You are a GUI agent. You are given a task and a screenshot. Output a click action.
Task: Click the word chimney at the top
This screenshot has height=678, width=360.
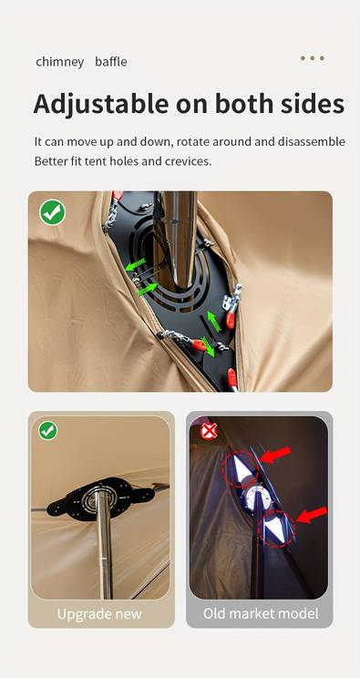click(x=60, y=62)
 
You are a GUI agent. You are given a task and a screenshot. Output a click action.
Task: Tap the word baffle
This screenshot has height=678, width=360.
click(x=111, y=61)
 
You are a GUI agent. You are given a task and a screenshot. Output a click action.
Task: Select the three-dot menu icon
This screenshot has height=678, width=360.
click(x=313, y=58)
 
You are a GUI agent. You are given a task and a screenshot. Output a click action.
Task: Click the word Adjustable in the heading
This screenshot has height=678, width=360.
click(x=101, y=104)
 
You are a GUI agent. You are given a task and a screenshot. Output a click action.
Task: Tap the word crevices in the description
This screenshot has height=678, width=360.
click(x=189, y=161)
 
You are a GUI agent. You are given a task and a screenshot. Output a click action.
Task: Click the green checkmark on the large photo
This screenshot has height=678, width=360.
click(x=52, y=212)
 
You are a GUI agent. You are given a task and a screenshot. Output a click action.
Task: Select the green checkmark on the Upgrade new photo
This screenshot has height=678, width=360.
click(x=47, y=431)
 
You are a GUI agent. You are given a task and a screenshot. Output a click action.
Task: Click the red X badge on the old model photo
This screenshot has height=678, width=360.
click(x=210, y=432)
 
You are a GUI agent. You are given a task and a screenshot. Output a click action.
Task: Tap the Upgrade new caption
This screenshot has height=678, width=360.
click(x=99, y=613)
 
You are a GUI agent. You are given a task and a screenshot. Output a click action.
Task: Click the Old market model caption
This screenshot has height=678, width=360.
click(x=261, y=613)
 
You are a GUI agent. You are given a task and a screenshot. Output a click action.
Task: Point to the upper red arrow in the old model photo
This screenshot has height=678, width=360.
click(x=275, y=456)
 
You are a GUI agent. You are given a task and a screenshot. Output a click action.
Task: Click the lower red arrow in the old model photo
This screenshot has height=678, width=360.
click(x=312, y=515)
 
